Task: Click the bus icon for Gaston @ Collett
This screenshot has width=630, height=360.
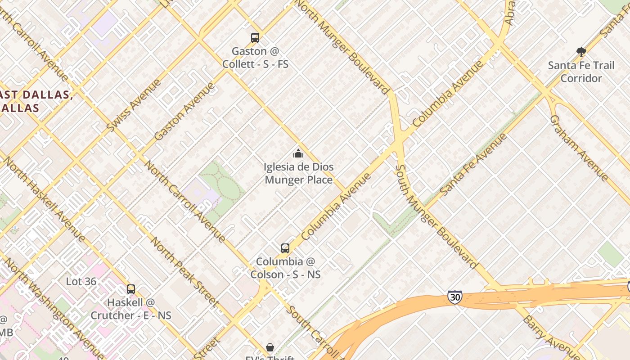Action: (x=255, y=38)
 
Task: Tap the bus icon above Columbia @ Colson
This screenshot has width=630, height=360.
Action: (x=285, y=248)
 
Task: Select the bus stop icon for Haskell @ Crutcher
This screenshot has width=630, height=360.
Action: (x=130, y=289)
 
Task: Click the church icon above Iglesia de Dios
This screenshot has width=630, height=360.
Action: (x=298, y=154)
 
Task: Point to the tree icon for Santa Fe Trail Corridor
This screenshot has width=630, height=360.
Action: (x=581, y=52)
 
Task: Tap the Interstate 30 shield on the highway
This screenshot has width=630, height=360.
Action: (x=455, y=297)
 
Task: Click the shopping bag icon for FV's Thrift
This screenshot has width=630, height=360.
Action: (x=270, y=347)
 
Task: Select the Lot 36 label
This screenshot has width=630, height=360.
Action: (x=81, y=282)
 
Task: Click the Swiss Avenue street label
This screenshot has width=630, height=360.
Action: (x=134, y=106)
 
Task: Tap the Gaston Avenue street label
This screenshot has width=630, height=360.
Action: (x=184, y=111)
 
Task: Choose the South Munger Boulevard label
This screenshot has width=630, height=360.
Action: (x=435, y=216)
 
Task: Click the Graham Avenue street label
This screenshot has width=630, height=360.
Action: (x=579, y=148)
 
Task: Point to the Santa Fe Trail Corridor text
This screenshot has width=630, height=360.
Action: (x=581, y=72)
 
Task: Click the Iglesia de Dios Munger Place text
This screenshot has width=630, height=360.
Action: (x=299, y=174)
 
